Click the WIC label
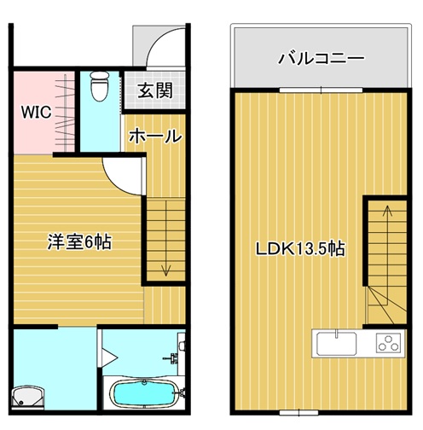(x=37, y=112)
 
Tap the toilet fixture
(x=100, y=86)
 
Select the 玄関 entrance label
(x=155, y=90)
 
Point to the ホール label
(x=155, y=137)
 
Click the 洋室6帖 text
(x=79, y=242)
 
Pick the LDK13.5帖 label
(x=300, y=248)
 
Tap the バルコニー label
(x=321, y=58)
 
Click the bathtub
(x=145, y=393)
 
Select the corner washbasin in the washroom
(x=28, y=398)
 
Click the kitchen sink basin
(x=337, y=343)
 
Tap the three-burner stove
(x=388, y=343)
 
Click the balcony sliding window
(x=321, y=90)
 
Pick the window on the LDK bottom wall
(x=298, y=412)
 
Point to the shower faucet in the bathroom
(x=172, y=357)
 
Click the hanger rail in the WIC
(x=66, y=113)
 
